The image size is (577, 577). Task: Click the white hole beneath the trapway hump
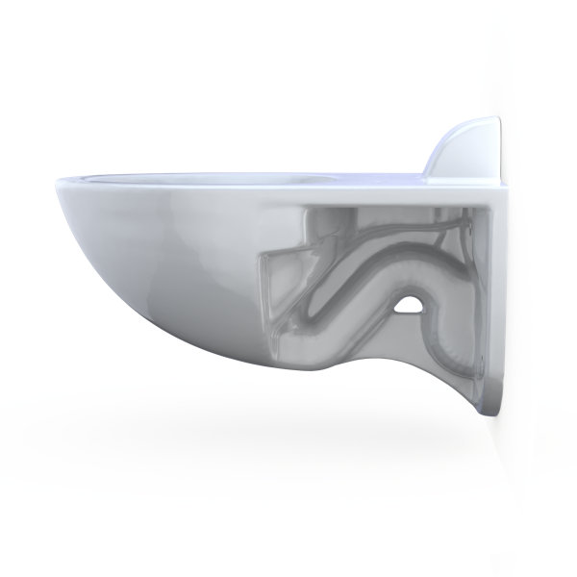[411, 306]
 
